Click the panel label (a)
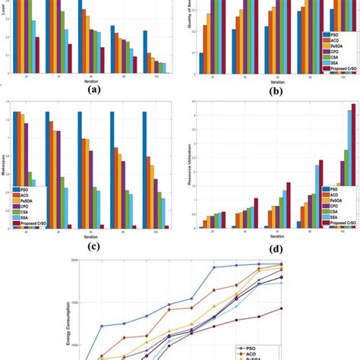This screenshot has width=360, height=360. (x=93, y=87)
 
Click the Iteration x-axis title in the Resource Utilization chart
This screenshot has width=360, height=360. (x=266, y=235)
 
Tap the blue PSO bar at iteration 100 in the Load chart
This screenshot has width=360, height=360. (x=144, y=50)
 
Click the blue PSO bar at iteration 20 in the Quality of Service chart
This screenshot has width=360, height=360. (x=201, y=63)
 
